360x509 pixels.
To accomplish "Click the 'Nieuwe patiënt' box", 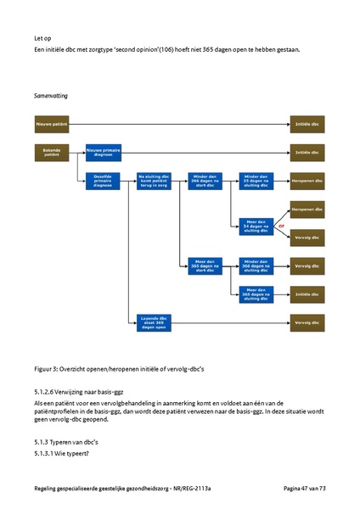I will pyautogui.click(x=51, y=124).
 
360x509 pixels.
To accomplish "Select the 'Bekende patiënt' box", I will pyautogui.click(x=51, y=152).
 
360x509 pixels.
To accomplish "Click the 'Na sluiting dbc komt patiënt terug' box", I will pyautogui.click(x=155, y=181).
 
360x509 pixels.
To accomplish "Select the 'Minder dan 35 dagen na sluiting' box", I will pyautogui.click(x=256, y=181).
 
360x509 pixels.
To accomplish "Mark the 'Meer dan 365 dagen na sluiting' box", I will pyautogui.click(x=256, y=294).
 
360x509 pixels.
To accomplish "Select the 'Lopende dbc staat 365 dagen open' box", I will pyautogui.click(x=155, y=323).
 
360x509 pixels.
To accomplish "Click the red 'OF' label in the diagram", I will pyautogui.click(x=281, y=225).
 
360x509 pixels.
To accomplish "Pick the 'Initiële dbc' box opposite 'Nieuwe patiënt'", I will pyautogui.click(x=307, y=124).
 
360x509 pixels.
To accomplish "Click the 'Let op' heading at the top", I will pyautogui.click(x=42, y=38).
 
